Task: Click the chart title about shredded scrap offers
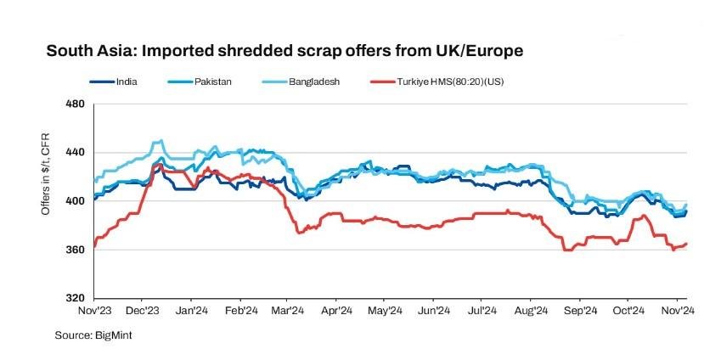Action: coord(284,51)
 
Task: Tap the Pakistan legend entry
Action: coord(212,82)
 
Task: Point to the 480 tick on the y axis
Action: coord(76,104)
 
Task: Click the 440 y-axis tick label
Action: coord(76,153)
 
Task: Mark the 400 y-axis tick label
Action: coord(76,201)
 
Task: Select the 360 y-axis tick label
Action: coord(76,250)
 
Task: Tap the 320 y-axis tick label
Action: coord(76,298)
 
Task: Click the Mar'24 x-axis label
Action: coord(289,312)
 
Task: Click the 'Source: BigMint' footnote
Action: coord(93,335)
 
